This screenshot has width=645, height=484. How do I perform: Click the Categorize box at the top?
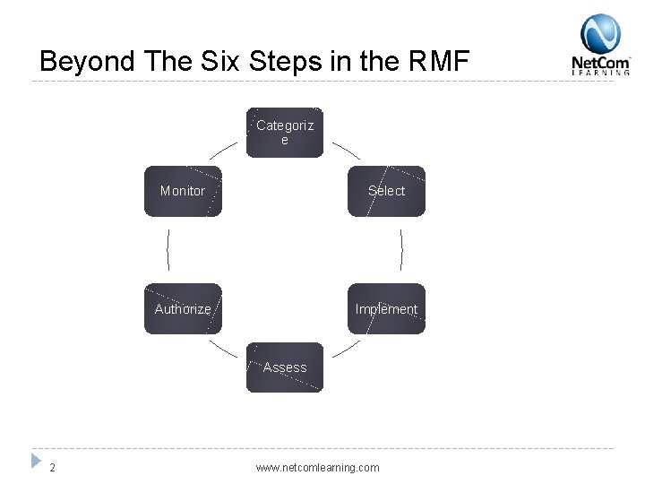click(x=285, y=133)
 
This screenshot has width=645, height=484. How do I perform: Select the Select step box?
click(x=386, y=191)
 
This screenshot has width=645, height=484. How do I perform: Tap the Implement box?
click(x=386, y=309)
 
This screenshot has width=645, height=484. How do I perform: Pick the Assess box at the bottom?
click(x=285, y=367)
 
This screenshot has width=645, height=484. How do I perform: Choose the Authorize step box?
click(x=183, y=309)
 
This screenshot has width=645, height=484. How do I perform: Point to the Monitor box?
click(x=183, y=191)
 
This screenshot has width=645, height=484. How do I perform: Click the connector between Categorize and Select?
click(x=346, y=150)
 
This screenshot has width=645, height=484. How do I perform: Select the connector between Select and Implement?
click(x=401, y=249)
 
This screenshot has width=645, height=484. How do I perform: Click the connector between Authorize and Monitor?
click(x=168, y=249)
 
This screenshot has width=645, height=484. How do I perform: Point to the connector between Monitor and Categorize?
click(x=224, y=150)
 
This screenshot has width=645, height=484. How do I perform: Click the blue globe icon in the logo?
click(x=600, y=34)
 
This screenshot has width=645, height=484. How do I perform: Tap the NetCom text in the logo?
click(x=600, y=63)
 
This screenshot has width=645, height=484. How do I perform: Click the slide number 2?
click(x=54, y=467)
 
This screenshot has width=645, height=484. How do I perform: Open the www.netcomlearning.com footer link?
click(x=317, y=467)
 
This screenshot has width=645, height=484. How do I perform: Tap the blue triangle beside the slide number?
click(x=36, y=461)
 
